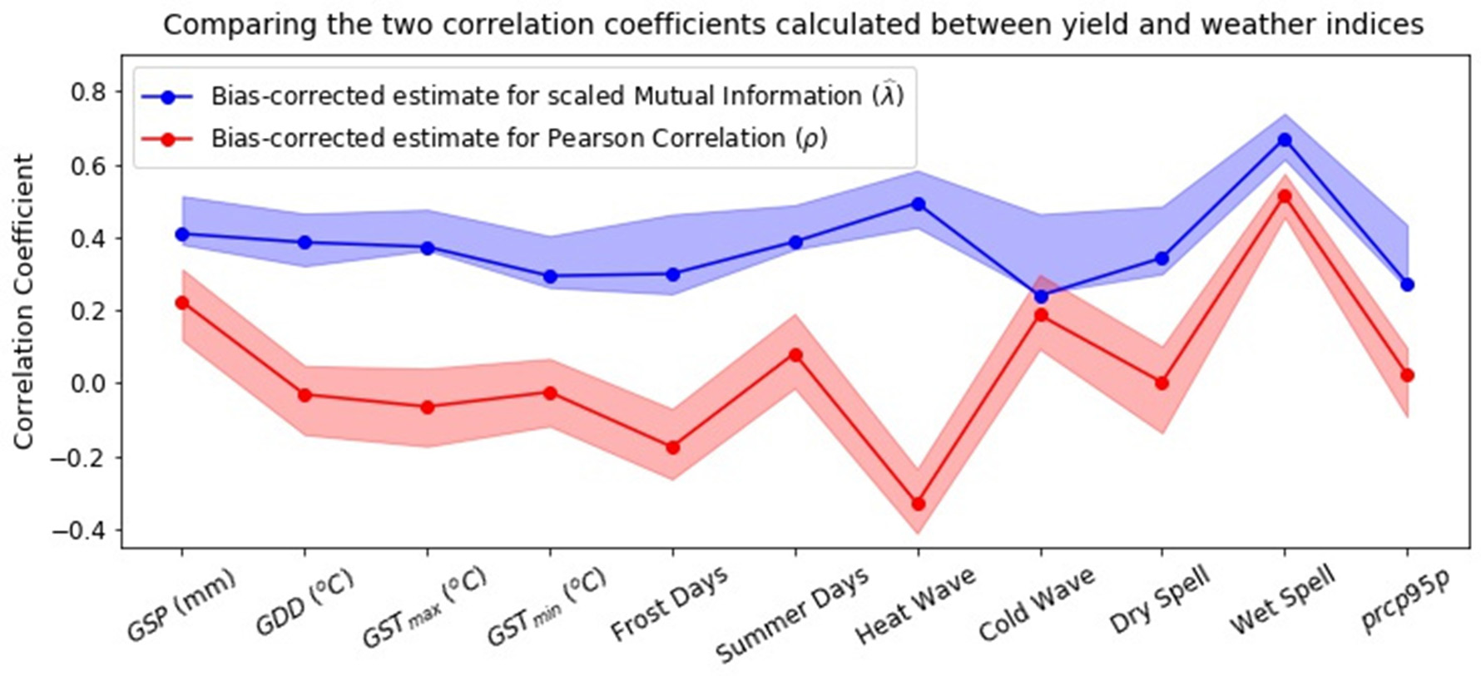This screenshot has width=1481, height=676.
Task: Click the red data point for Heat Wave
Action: click(919, 504)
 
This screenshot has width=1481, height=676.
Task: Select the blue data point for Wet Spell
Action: click(1285, 140)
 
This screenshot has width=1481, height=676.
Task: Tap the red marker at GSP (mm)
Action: click(182, 303)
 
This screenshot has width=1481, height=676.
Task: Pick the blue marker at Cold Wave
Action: click(1041, 296)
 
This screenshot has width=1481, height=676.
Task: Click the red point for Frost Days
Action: click(673, 447)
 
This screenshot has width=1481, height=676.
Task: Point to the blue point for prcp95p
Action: click(1408, 284)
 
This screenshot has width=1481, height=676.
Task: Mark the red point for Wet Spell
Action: click(1285, 196)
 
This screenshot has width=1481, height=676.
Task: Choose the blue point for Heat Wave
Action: click(919, 204)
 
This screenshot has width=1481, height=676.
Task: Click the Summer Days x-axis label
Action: click(792, 614)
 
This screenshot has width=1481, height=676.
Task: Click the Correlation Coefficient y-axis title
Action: click(23, 301)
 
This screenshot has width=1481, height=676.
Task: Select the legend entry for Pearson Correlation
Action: click(519, 138)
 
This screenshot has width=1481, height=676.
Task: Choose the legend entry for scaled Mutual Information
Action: click(556, 96)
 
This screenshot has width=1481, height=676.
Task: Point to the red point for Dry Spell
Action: click(1162, 383)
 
